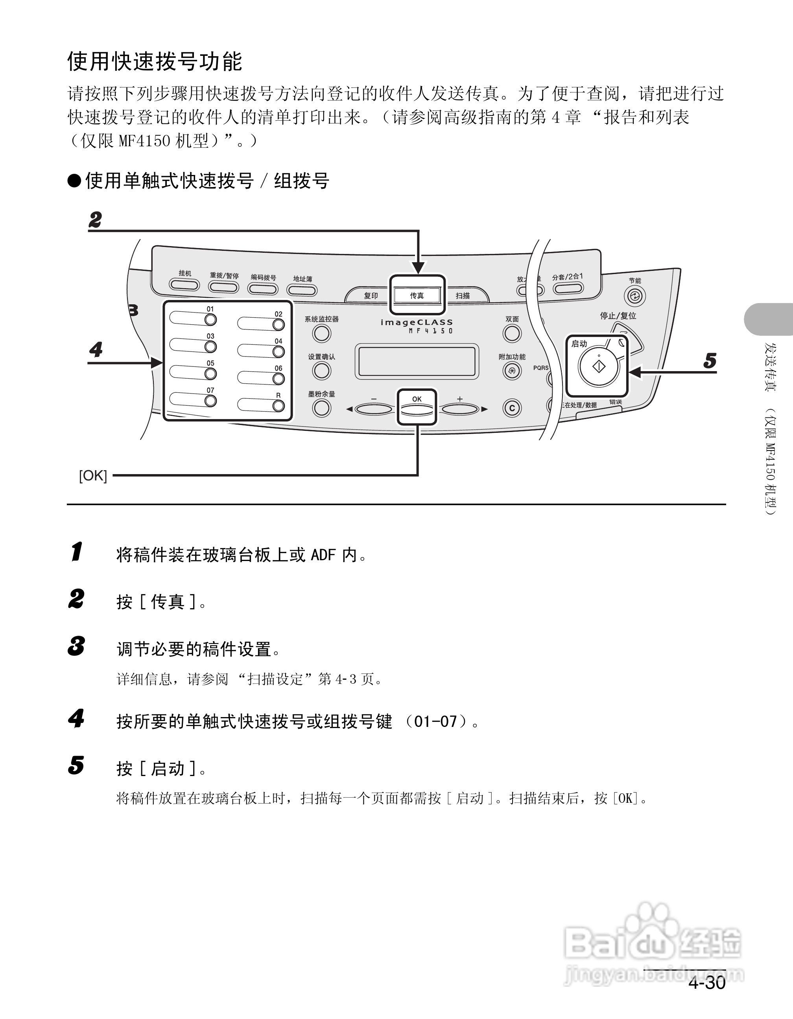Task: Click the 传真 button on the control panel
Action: pyautogui.click(x=417, y=295)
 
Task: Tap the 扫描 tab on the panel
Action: pyautogui.click(x=463, y=295)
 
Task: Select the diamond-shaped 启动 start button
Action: pyautogui.click(x=599, y=366)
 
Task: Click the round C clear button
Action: pyautogui.click(x=512, y=408)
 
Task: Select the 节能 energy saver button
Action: pyautogui.click(x=635, y=296)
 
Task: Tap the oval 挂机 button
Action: pyautogui.click(x=184, y=284)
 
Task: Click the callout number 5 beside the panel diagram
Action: pyautogui.click(x=710, y=361)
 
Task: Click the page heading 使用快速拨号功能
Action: pyautogui.click(x=155, y=62)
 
